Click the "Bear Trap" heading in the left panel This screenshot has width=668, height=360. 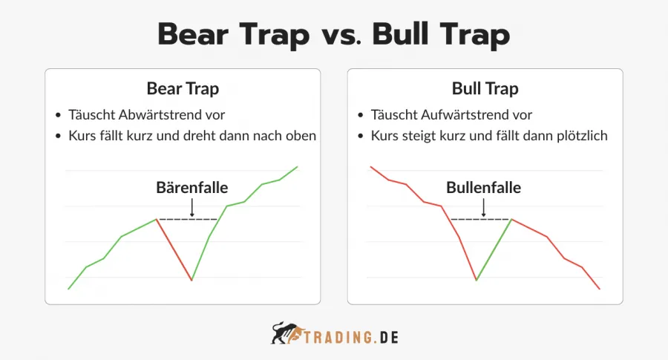tap(183, 89)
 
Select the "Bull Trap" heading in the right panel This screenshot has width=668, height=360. tap(485, 89)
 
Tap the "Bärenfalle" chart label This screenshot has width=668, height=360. tap(191, 187)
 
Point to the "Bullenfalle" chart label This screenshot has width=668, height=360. tap(483, 187)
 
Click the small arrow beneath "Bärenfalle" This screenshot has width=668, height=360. tap(191, 207)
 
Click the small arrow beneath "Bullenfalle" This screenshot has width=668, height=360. tap(483, 207)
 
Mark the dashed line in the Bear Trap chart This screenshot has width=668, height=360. tap(186, 219)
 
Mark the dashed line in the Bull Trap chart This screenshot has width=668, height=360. tap(479, 219)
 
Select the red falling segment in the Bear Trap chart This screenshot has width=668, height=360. tap(174, 249)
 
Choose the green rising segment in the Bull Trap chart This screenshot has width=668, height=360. tap(494, 249)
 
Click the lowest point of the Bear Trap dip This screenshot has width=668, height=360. tap(191, 280)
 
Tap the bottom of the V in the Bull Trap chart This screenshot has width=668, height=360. tap(476, 280)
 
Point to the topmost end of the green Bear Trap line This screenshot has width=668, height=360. tap(298, 166)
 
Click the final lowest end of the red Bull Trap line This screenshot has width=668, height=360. tap(598, 289)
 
